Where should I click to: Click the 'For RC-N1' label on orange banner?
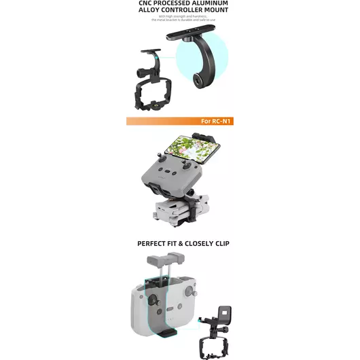(216, 121)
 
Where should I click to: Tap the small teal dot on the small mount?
(157, 58)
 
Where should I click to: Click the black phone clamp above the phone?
(214, 139)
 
